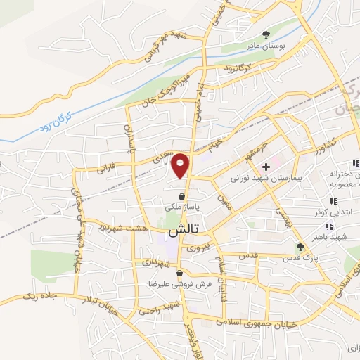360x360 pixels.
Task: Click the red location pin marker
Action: pyautogui.click(x=181, y=165)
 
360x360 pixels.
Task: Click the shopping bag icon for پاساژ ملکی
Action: pyautogui.click(x=183, y=197)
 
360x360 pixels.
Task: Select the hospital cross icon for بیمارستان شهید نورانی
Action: pyautogui.click(x=266, y=167)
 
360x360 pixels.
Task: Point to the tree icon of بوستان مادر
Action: pyautogui.click(x=266, y=34)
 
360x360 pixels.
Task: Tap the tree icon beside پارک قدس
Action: pyautogui.click(x=300, y=247)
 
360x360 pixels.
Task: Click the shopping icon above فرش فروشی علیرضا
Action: pyautogui.click(x=180, y=274)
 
